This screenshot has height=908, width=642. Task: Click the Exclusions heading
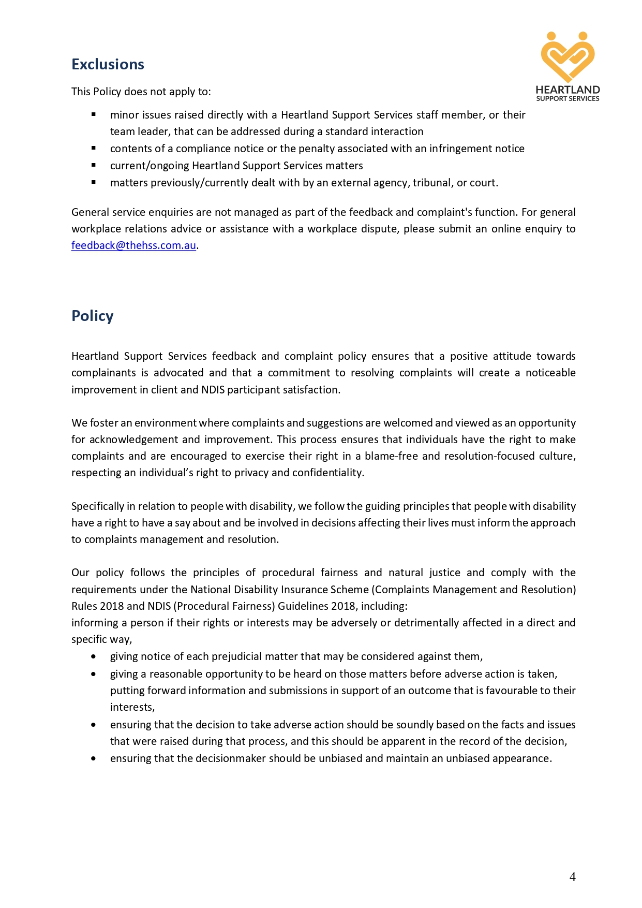(108, 64)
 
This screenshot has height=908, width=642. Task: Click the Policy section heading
(92, 316)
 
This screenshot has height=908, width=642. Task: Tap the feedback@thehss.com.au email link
(133, 245)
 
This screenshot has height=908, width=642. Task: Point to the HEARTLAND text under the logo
(568, 90)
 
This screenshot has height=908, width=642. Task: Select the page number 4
(572, 876)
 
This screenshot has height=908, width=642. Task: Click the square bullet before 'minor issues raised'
(94, 114)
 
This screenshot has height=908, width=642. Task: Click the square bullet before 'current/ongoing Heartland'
(94, 165)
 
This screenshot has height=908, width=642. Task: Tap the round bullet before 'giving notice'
(93, 656)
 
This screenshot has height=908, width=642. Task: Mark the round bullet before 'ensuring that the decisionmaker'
(93, 758)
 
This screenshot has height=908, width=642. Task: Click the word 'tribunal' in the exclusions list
(432, 183)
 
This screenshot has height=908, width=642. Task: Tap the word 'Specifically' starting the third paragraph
(97, 506)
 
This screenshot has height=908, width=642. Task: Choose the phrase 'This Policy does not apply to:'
(141, 92)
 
